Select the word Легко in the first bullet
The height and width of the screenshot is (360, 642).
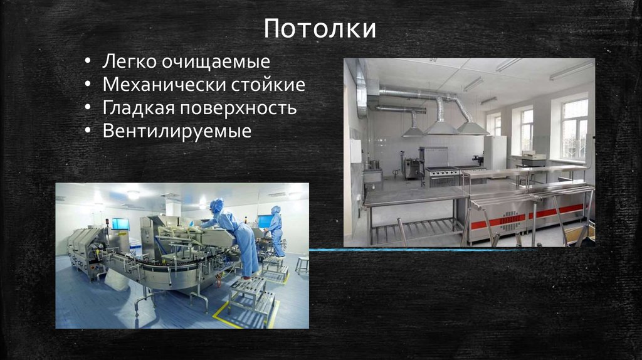point(131,61)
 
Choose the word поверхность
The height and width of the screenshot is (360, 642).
point(239,108)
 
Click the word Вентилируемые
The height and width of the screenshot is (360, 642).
point(177,131)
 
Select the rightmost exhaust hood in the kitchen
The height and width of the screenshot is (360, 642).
point(472,127)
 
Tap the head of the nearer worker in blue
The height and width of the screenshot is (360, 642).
point(217,206)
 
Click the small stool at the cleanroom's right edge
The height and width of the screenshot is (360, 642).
point(302,263)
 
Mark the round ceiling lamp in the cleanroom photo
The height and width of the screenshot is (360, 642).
point(133,194)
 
